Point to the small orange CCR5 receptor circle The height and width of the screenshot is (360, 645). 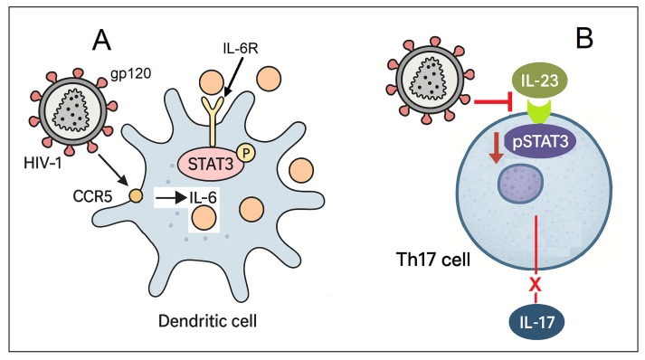coord(137,194)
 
